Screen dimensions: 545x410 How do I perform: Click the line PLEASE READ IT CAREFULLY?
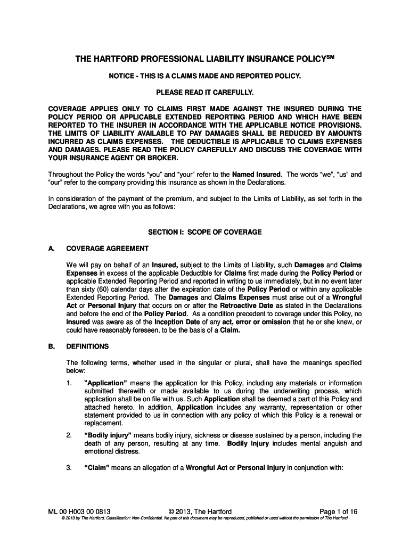pyautogui.click(x=204, y=93)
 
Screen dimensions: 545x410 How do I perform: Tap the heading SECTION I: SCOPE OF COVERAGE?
pyautogui.click(x=204, y=232)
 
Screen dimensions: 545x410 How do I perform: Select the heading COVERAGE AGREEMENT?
pyautogui.click(x=107, y=249)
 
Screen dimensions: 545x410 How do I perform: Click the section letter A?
pyautogui.click(x=52, y=249)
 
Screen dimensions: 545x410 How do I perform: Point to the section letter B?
pyautogui.click(x=52, y=346)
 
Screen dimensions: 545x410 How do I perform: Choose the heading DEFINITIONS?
pyautogui.click(x=87, y=346)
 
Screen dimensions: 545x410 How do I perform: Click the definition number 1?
pyautogui.click(x=69, y=383)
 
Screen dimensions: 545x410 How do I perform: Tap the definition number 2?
pyautogui.click(x=69, y=435)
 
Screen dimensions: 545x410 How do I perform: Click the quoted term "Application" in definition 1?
pyautogui.click(x=105, y=383)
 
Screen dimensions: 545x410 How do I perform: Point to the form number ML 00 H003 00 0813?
pyautogui.click(x=79, y=512)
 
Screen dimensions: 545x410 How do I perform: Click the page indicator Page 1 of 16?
pyautogui.click(x=338, y=512)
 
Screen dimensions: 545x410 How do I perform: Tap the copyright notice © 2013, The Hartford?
pyautogui.click(x=199, y=512)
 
